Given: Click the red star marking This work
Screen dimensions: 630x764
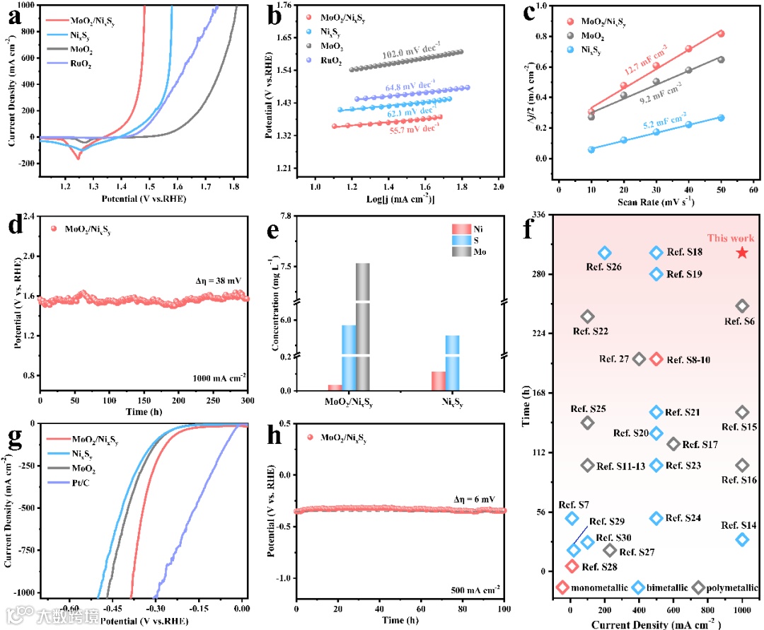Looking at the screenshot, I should click(x=742, y=253).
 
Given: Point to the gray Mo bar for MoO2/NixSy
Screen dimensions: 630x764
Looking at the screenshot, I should click(x=363, y=326).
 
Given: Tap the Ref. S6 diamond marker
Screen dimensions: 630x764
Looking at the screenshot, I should click(x=742, y=306).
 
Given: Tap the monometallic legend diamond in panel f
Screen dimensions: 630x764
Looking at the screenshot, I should click(x=562, y=587).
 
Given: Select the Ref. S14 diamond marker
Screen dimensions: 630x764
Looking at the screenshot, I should click(x=742, y=539).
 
